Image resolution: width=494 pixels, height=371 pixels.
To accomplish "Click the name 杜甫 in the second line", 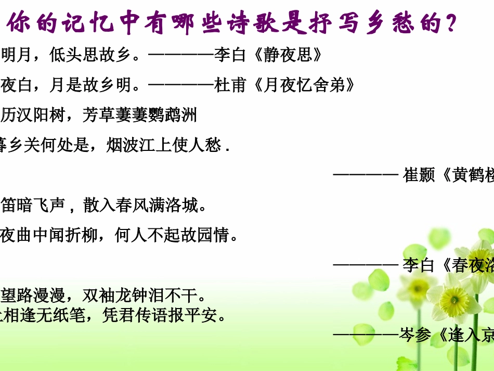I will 230,85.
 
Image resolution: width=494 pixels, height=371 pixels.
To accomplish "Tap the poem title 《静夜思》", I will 289,55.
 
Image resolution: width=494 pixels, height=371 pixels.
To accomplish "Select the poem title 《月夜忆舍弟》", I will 305,85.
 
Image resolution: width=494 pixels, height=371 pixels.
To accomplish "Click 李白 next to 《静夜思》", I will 230,55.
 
